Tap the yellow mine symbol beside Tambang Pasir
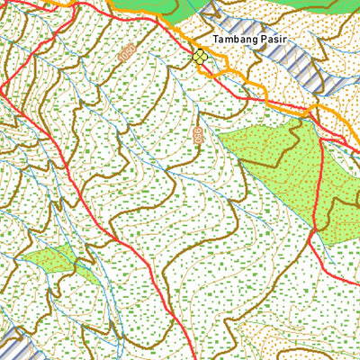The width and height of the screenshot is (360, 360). click(x=200, y=57)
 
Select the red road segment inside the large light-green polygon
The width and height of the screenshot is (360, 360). click(x=319, y=180)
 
